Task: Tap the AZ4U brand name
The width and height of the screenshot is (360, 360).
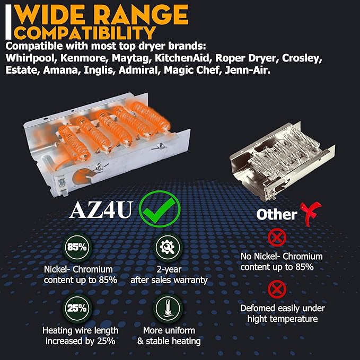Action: pos(101,210)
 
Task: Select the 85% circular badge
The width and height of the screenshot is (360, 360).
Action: pos(77,247)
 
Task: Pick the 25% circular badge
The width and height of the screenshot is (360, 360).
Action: pos(77,309)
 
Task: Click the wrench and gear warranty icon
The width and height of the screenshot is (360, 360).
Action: pos(168,247)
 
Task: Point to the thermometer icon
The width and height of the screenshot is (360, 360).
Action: pos(168,309)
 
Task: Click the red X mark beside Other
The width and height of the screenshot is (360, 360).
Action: pos(310,213)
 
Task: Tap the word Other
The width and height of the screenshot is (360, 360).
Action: pos(277,214)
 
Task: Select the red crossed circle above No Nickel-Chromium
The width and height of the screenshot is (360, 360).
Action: pos(277,238)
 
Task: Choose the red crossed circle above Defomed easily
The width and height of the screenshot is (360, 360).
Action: pos(277,289)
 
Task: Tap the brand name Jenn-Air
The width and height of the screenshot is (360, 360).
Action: pos(247,70)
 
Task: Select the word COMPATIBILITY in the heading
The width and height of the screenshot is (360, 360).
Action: pos(85,33)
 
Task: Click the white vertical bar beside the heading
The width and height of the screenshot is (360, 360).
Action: pos(8,22)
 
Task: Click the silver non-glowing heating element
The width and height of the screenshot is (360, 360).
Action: pos(283,161)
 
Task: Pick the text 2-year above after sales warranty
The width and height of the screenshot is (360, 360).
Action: pos(169,269)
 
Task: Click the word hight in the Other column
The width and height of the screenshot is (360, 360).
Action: pos(258,319)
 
